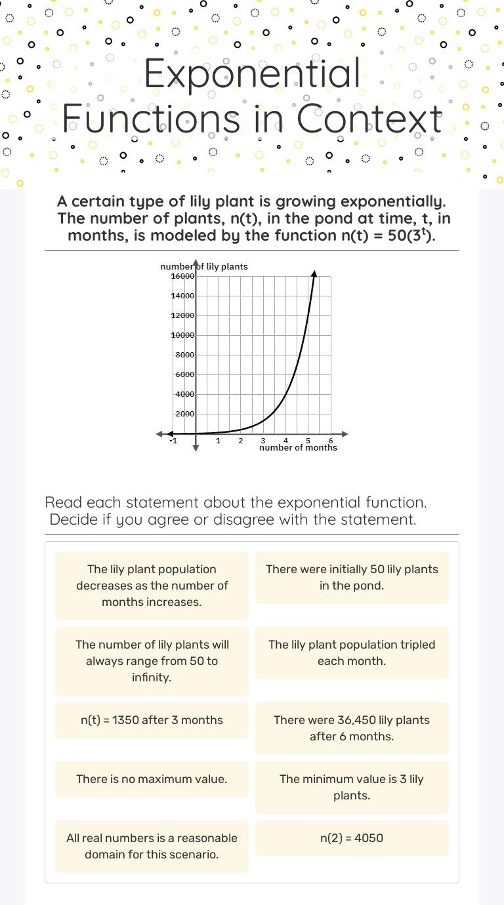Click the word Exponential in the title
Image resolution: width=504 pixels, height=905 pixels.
click(252, 73)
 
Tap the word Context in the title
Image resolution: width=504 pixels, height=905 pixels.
click(370, 119)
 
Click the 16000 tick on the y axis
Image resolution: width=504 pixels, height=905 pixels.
click(182, 276)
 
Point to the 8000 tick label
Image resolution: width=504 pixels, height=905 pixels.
click(184, 355)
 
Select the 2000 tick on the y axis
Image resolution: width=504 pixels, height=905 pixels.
click(184, 414)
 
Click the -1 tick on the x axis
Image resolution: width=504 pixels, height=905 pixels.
click(173, 441)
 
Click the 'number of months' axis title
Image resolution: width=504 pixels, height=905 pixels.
click(298, 448)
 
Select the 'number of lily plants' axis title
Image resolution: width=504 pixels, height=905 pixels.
click(204, 266)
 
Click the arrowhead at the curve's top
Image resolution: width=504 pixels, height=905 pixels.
click(314, 273)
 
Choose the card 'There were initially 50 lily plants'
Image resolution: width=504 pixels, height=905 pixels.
click(352, 578)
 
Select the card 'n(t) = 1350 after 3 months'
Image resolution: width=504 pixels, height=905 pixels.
click(152, 720)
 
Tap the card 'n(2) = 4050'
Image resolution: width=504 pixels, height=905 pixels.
click(352, 838)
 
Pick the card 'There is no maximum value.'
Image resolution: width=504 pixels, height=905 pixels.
click(152, 779)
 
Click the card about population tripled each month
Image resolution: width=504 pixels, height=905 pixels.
click(352, 653)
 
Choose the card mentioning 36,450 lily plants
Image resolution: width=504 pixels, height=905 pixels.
click(352, 729)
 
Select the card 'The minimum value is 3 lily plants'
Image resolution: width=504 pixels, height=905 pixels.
click(352, 788)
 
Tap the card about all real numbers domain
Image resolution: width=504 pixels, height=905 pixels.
click(152, 847)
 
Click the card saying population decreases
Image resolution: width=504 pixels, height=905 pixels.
click(152, 586)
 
